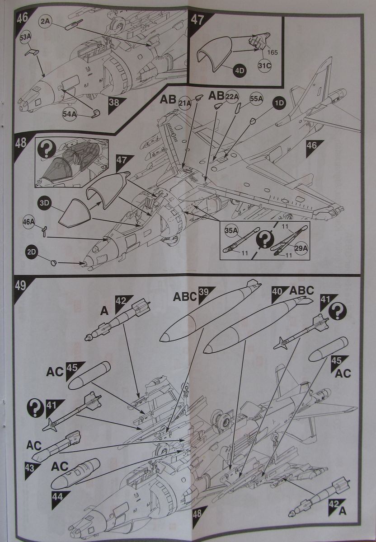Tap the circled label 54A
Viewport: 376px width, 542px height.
point(70,115)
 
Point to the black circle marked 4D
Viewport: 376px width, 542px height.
point(238,71)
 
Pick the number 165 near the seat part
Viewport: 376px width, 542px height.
point(272,51)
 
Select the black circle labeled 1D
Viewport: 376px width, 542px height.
point(280,103)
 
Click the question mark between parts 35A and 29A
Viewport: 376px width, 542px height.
point(263,241)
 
